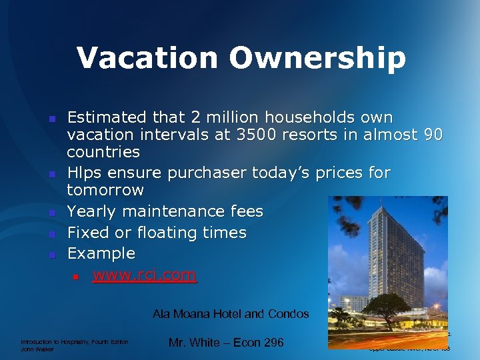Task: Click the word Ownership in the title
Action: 318,58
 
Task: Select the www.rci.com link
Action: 145,275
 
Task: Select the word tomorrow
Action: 105,190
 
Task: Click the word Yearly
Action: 91,211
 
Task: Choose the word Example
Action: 101,253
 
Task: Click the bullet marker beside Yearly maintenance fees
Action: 51,213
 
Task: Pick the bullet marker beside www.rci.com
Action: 77,276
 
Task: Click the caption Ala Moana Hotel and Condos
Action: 231,313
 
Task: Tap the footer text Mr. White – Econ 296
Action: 226,343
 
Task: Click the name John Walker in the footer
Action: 37,349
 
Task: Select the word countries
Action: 103,151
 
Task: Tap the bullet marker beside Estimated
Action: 51,119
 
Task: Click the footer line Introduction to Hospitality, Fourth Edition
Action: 75,342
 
